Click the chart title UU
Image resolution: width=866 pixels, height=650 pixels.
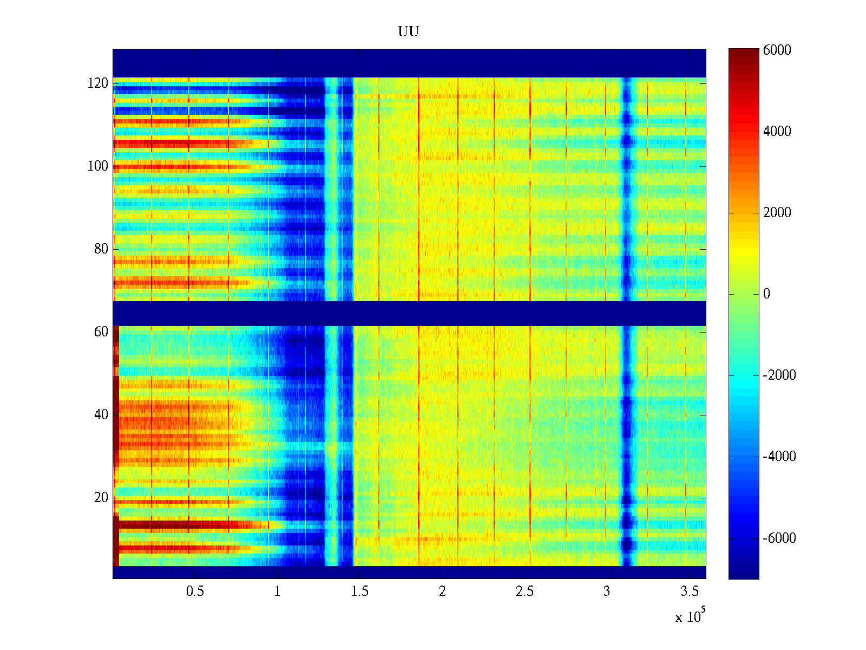409,31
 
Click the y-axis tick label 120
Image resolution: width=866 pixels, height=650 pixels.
97,83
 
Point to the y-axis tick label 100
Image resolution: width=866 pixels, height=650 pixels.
97,166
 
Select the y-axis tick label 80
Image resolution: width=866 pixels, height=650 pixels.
101,249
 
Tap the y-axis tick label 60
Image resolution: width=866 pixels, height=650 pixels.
101,331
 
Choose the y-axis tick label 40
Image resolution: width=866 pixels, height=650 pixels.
101,415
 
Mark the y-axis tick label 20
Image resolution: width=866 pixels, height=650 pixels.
101,498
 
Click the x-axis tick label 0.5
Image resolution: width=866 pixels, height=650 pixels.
195,591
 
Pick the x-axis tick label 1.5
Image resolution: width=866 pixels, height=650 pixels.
360,591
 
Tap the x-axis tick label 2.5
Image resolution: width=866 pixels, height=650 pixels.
524,591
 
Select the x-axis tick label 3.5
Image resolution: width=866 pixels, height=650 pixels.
690,591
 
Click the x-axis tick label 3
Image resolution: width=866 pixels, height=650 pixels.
607,591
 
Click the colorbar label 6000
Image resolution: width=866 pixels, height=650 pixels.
777,50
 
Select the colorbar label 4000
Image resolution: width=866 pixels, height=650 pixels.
777,132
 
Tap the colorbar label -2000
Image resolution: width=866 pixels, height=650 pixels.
779,375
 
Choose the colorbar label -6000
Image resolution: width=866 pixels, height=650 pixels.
779,538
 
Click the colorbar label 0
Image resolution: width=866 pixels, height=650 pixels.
766,294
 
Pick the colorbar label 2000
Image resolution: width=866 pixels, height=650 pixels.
777,213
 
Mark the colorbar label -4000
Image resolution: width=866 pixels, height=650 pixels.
779,457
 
